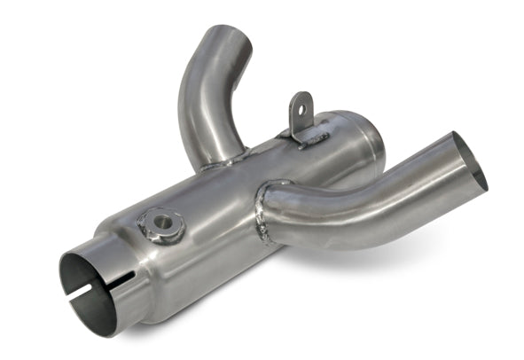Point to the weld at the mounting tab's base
306,137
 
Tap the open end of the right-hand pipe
470,162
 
